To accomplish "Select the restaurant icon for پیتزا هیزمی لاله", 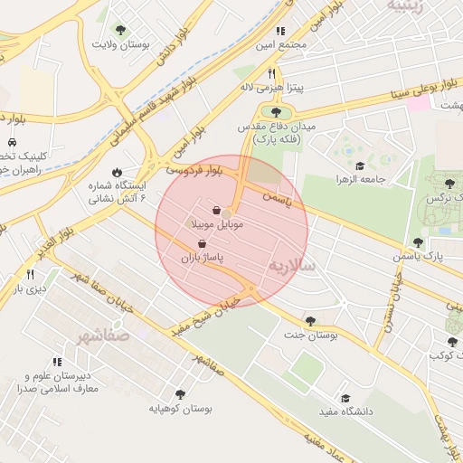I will point(271,73).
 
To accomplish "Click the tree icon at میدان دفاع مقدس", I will point(275,112).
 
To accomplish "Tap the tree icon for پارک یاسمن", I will point(418,242).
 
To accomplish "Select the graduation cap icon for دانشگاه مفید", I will point(345,398).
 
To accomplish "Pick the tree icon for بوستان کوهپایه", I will point(180,394).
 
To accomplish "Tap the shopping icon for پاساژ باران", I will point(201,243).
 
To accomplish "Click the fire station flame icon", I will point(117,171).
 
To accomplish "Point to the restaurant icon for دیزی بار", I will point(30,274).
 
